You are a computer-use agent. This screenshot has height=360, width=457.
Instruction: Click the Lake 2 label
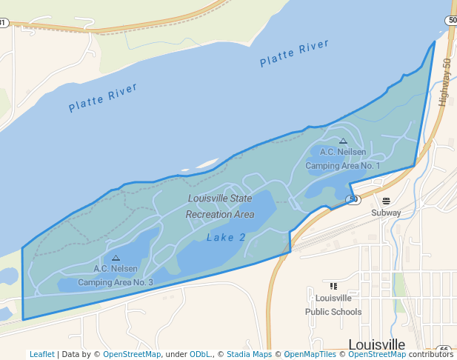pyautogui.click(x=226, y=238)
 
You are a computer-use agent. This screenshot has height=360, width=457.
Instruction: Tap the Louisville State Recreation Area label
pyautogui.click(x=219, y=207)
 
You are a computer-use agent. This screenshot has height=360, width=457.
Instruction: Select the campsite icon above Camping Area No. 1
pyautogui.click(x=343, y=141)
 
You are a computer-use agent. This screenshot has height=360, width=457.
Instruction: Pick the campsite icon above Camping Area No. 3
pyautogui.click(x=116, y=258)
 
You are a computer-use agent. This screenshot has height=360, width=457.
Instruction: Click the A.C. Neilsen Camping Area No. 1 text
pyautogui.click(x=342, y=159)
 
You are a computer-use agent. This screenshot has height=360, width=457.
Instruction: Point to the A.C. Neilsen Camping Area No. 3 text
pyautogui.click(x=116, y=276)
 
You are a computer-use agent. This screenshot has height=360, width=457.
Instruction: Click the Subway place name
pyautogui.click(x=386, y=213)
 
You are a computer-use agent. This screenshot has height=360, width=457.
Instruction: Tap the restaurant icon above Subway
pyautogui.click(x=386, y=200)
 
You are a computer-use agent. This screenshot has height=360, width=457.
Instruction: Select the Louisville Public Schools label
pyautogui.click(x=333, y=305)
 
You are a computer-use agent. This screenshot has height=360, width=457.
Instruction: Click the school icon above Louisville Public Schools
pyautogui.click(x=333, y=286)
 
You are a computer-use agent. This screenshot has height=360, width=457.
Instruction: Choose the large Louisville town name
pyautogui.click(x=376, y=345)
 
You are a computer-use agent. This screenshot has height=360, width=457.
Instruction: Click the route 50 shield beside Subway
pyautogui.click(x=353, y=199)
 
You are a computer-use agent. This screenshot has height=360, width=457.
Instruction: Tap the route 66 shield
pyautogui.click(x=444, y=349)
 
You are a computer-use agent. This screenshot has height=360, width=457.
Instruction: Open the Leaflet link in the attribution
pyautogui.click(x=41, y=354)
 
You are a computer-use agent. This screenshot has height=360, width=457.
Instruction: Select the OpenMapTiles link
pyautogui.click(x=309, y=354)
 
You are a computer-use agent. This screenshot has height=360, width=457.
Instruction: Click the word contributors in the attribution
pyautogui.click(x=431, y=354)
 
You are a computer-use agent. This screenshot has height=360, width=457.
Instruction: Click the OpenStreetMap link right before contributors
pyautogui.click(x=377, y=354)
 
